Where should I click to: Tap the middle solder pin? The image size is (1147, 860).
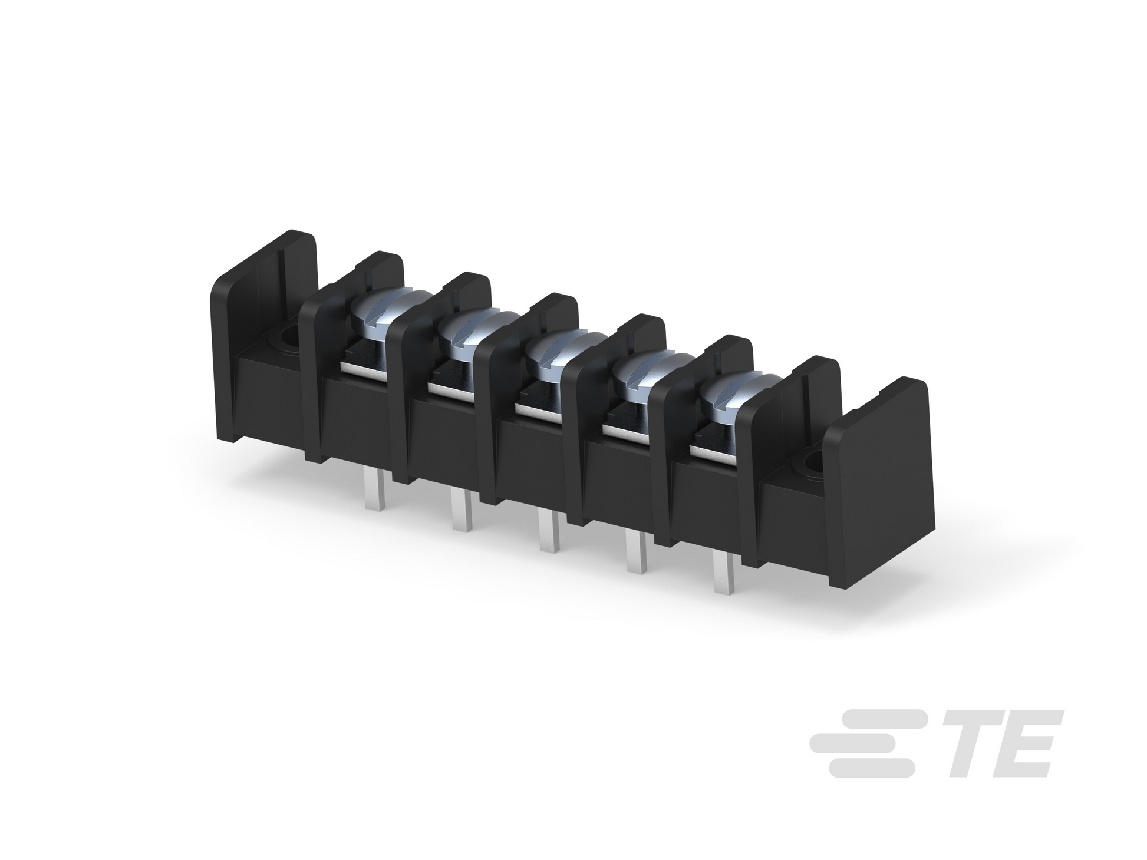coord(550,530)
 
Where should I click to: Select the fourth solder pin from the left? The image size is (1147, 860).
coord(637,551)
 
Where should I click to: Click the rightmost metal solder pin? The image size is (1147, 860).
coord(725,572)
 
